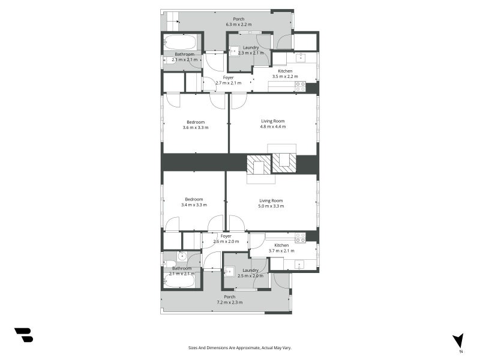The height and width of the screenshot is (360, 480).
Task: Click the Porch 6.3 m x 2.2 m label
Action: pyautogui.click(x=239, y=22)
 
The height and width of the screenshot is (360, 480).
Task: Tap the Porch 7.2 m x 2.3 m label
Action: pyautogui.click(x=230, y=299)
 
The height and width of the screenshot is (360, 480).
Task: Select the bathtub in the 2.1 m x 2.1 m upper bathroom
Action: pyautogui.click(x=179, y=43)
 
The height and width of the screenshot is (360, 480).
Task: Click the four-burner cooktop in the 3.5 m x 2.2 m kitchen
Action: pyautogui.click(x=301, y=86)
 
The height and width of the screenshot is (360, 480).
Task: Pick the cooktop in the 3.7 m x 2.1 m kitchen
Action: pyautogui.click(x=301, y=238)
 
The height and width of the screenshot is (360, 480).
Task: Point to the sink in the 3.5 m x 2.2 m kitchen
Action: pyautogui.click(x=301, y=58)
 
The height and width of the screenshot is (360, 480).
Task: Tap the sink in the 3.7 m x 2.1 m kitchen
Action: pyautogui.click(x=299, y=265)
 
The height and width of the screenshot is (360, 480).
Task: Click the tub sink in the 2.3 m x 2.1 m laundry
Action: pyautogui.click(x=235, y=51)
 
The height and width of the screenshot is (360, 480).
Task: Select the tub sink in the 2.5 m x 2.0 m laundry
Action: pyautogui.click(x=229, y=272)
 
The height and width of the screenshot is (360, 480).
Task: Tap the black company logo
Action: pyautogui.click(x=24, y=335)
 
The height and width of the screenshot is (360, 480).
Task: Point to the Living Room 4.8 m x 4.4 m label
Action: pyautogui.click(x=273, y=124)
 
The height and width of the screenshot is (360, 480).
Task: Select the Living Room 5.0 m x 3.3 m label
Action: pyautogui.click(x=271, y=203)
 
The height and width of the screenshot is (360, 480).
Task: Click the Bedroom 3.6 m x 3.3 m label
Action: pyautogui.click(x=196, y=125)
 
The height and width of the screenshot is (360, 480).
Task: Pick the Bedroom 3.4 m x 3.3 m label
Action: pyautogui.click(x=194, y=202)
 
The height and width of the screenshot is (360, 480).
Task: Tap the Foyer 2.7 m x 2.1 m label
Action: pyautogui.click(x=229, y=80)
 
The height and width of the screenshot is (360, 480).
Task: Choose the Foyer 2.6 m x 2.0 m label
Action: pyautogui.click(x=226, y=239)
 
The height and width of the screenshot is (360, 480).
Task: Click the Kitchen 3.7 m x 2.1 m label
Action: pyautogui.click(x=281, y=248)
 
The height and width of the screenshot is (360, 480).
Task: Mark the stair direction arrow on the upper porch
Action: pyautogui.click(x=173, y=22)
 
